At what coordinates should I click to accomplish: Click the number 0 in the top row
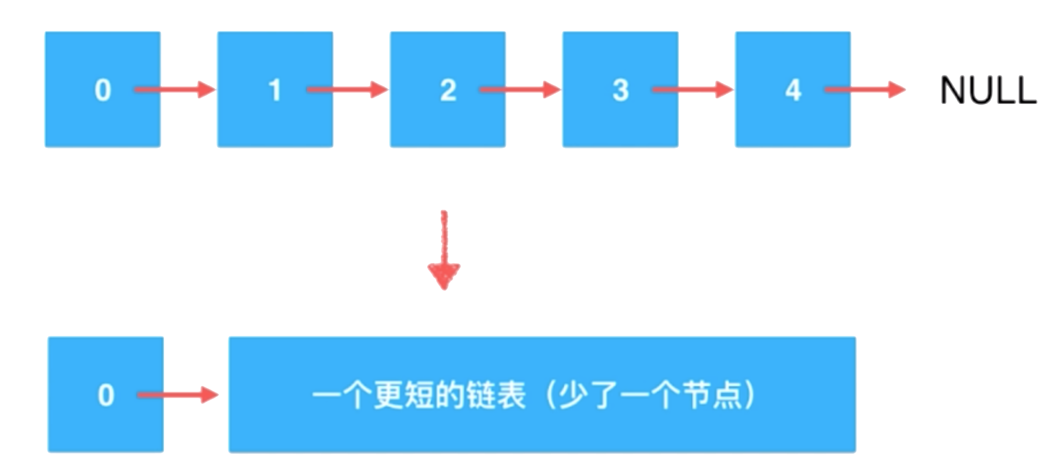pos(102,90)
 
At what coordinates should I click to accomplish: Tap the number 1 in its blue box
pos(275,90)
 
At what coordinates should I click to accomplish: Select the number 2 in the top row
pos(448,90)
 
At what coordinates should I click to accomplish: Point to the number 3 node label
pos(620,90)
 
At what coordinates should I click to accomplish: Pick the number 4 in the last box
pos(793,90)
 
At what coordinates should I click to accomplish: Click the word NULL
pos(988,91)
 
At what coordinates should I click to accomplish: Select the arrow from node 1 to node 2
pos(347,90)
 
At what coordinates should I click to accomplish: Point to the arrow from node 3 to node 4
pos(692,90)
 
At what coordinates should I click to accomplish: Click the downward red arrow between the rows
pos(444,250)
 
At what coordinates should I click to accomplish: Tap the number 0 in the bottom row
pos(106,395)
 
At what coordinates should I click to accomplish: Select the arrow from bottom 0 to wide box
pos(177,395)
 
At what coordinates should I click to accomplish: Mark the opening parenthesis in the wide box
pos(551,395)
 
